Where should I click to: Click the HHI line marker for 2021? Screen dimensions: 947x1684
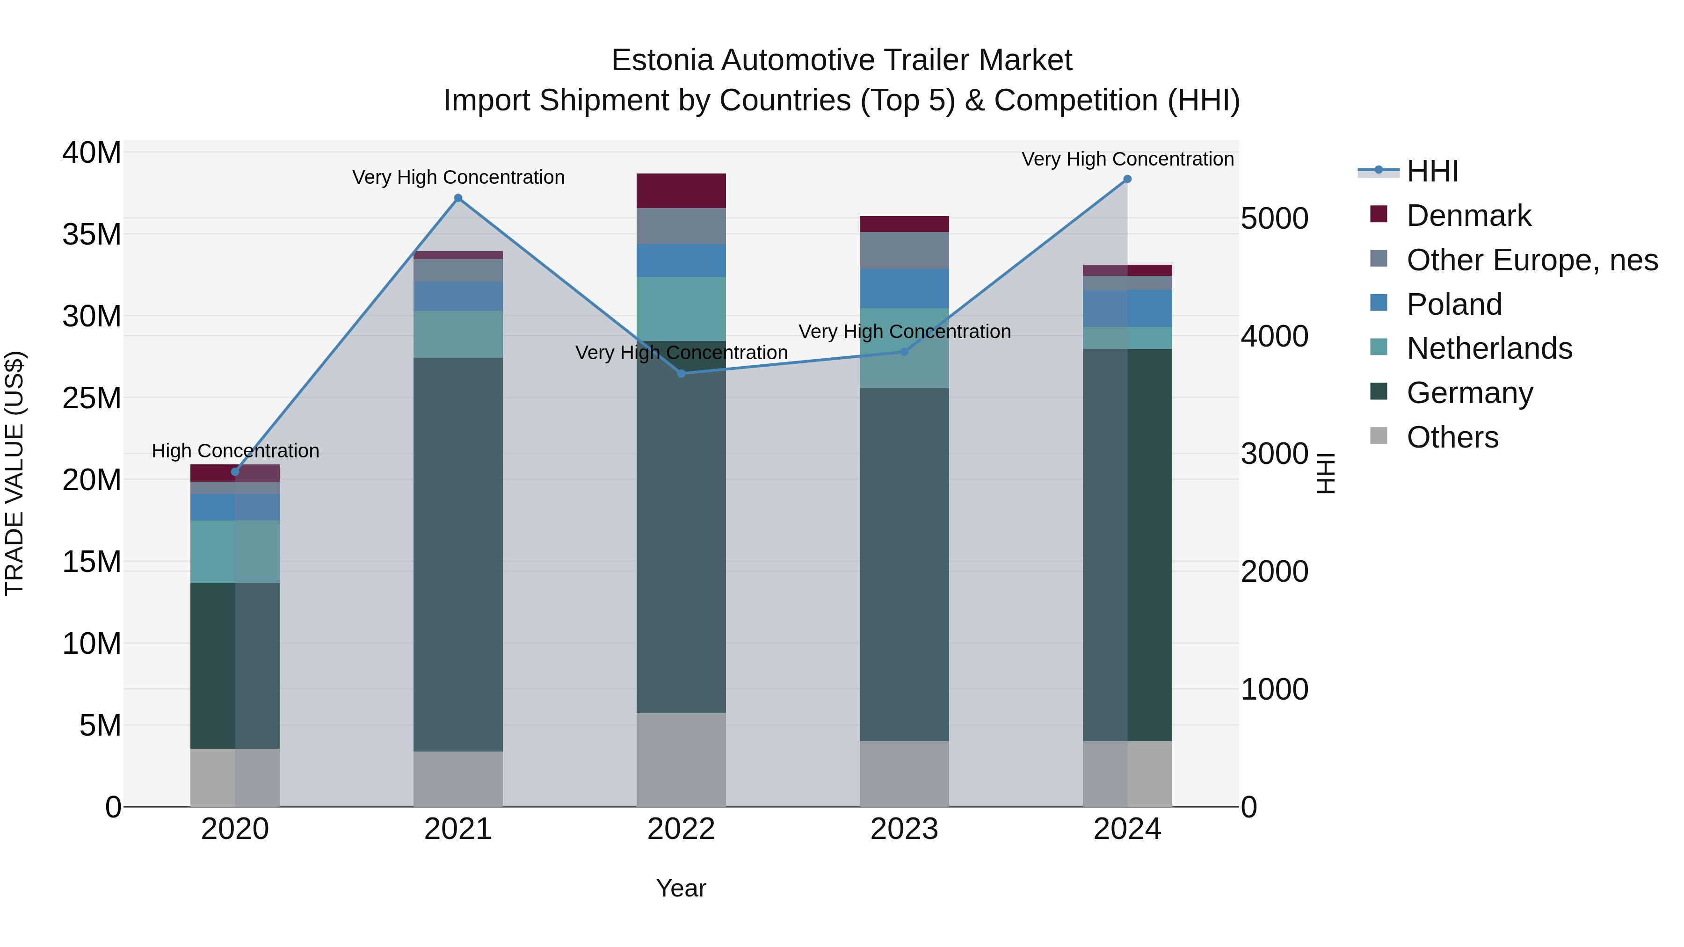pos(458,198)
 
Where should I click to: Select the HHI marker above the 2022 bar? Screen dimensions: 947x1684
pos(681,373)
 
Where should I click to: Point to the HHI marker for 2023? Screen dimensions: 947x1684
pos(905,352)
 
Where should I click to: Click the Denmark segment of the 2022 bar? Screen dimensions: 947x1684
pos(681,191)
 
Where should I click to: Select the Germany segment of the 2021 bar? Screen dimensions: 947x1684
pos(458,554)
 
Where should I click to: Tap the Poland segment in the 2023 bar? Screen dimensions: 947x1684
pos(904,288)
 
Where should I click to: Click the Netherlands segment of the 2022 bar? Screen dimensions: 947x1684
pos(681,309)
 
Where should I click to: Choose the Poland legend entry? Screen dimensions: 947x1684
pos(1454,304)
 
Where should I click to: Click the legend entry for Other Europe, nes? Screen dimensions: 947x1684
pos(1532,260)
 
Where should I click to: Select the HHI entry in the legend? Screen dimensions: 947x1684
pos(1432,171)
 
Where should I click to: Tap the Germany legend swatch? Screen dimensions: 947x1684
pos(1379,392)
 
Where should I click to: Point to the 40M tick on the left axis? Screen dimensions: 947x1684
pos(92,153)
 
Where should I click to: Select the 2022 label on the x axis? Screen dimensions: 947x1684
pos(681,829)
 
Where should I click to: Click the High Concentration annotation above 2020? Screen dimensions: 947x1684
pos(235,451)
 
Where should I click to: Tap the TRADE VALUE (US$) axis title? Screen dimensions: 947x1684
pos(15,473)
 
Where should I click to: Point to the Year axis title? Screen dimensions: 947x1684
pos(681,888)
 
